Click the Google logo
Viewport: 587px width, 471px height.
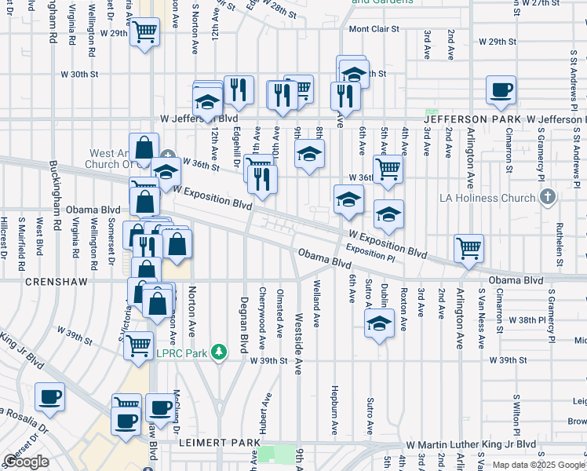(x=26, y=462)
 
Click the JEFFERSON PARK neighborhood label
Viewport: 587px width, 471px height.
(x=474, y=119)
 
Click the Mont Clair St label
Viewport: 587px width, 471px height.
(x=374, y=30)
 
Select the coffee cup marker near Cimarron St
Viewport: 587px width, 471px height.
(x=501, y=89)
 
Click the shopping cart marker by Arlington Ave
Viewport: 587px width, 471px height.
(x=469, y=247)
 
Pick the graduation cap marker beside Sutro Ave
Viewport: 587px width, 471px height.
(x=379, y=322)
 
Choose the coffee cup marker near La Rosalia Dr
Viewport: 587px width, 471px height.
(x=51, y=396)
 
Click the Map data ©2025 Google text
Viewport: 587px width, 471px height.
(x=538, y=465)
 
